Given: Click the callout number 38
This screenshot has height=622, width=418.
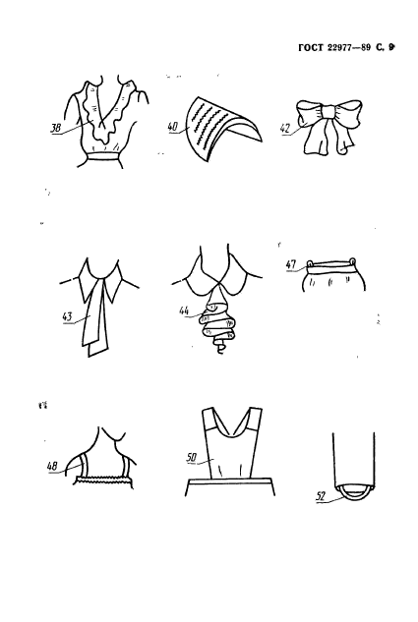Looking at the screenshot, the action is [55, 129].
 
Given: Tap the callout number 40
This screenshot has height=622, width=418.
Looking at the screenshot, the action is [173, 127].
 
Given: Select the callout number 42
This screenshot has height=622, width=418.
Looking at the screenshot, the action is [286, 129].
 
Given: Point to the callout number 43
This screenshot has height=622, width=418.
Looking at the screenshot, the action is [68, 317].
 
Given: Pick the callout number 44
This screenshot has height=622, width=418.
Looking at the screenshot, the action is [184, 310].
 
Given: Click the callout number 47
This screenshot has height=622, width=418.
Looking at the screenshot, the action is [291, 264].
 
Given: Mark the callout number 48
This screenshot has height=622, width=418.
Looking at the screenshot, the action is [52, 466].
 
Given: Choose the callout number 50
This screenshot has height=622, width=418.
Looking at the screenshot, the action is [192, 458].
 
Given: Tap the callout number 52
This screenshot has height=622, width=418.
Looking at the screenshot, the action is [322, 495].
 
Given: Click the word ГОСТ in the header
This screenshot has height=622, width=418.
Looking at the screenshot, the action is [311, 47].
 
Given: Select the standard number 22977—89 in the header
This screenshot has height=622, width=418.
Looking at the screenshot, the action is [349, 47].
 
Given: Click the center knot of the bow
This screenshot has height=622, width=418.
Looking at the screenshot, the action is [328, 111].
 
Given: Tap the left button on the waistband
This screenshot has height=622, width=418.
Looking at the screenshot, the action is [310, 262].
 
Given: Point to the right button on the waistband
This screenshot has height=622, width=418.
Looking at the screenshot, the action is [352, 261].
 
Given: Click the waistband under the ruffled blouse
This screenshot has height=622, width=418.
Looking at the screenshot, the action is [103, 156].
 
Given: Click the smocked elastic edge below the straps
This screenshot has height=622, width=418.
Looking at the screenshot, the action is [104, 480].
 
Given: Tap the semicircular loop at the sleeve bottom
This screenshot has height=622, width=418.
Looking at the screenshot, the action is [354, 494].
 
